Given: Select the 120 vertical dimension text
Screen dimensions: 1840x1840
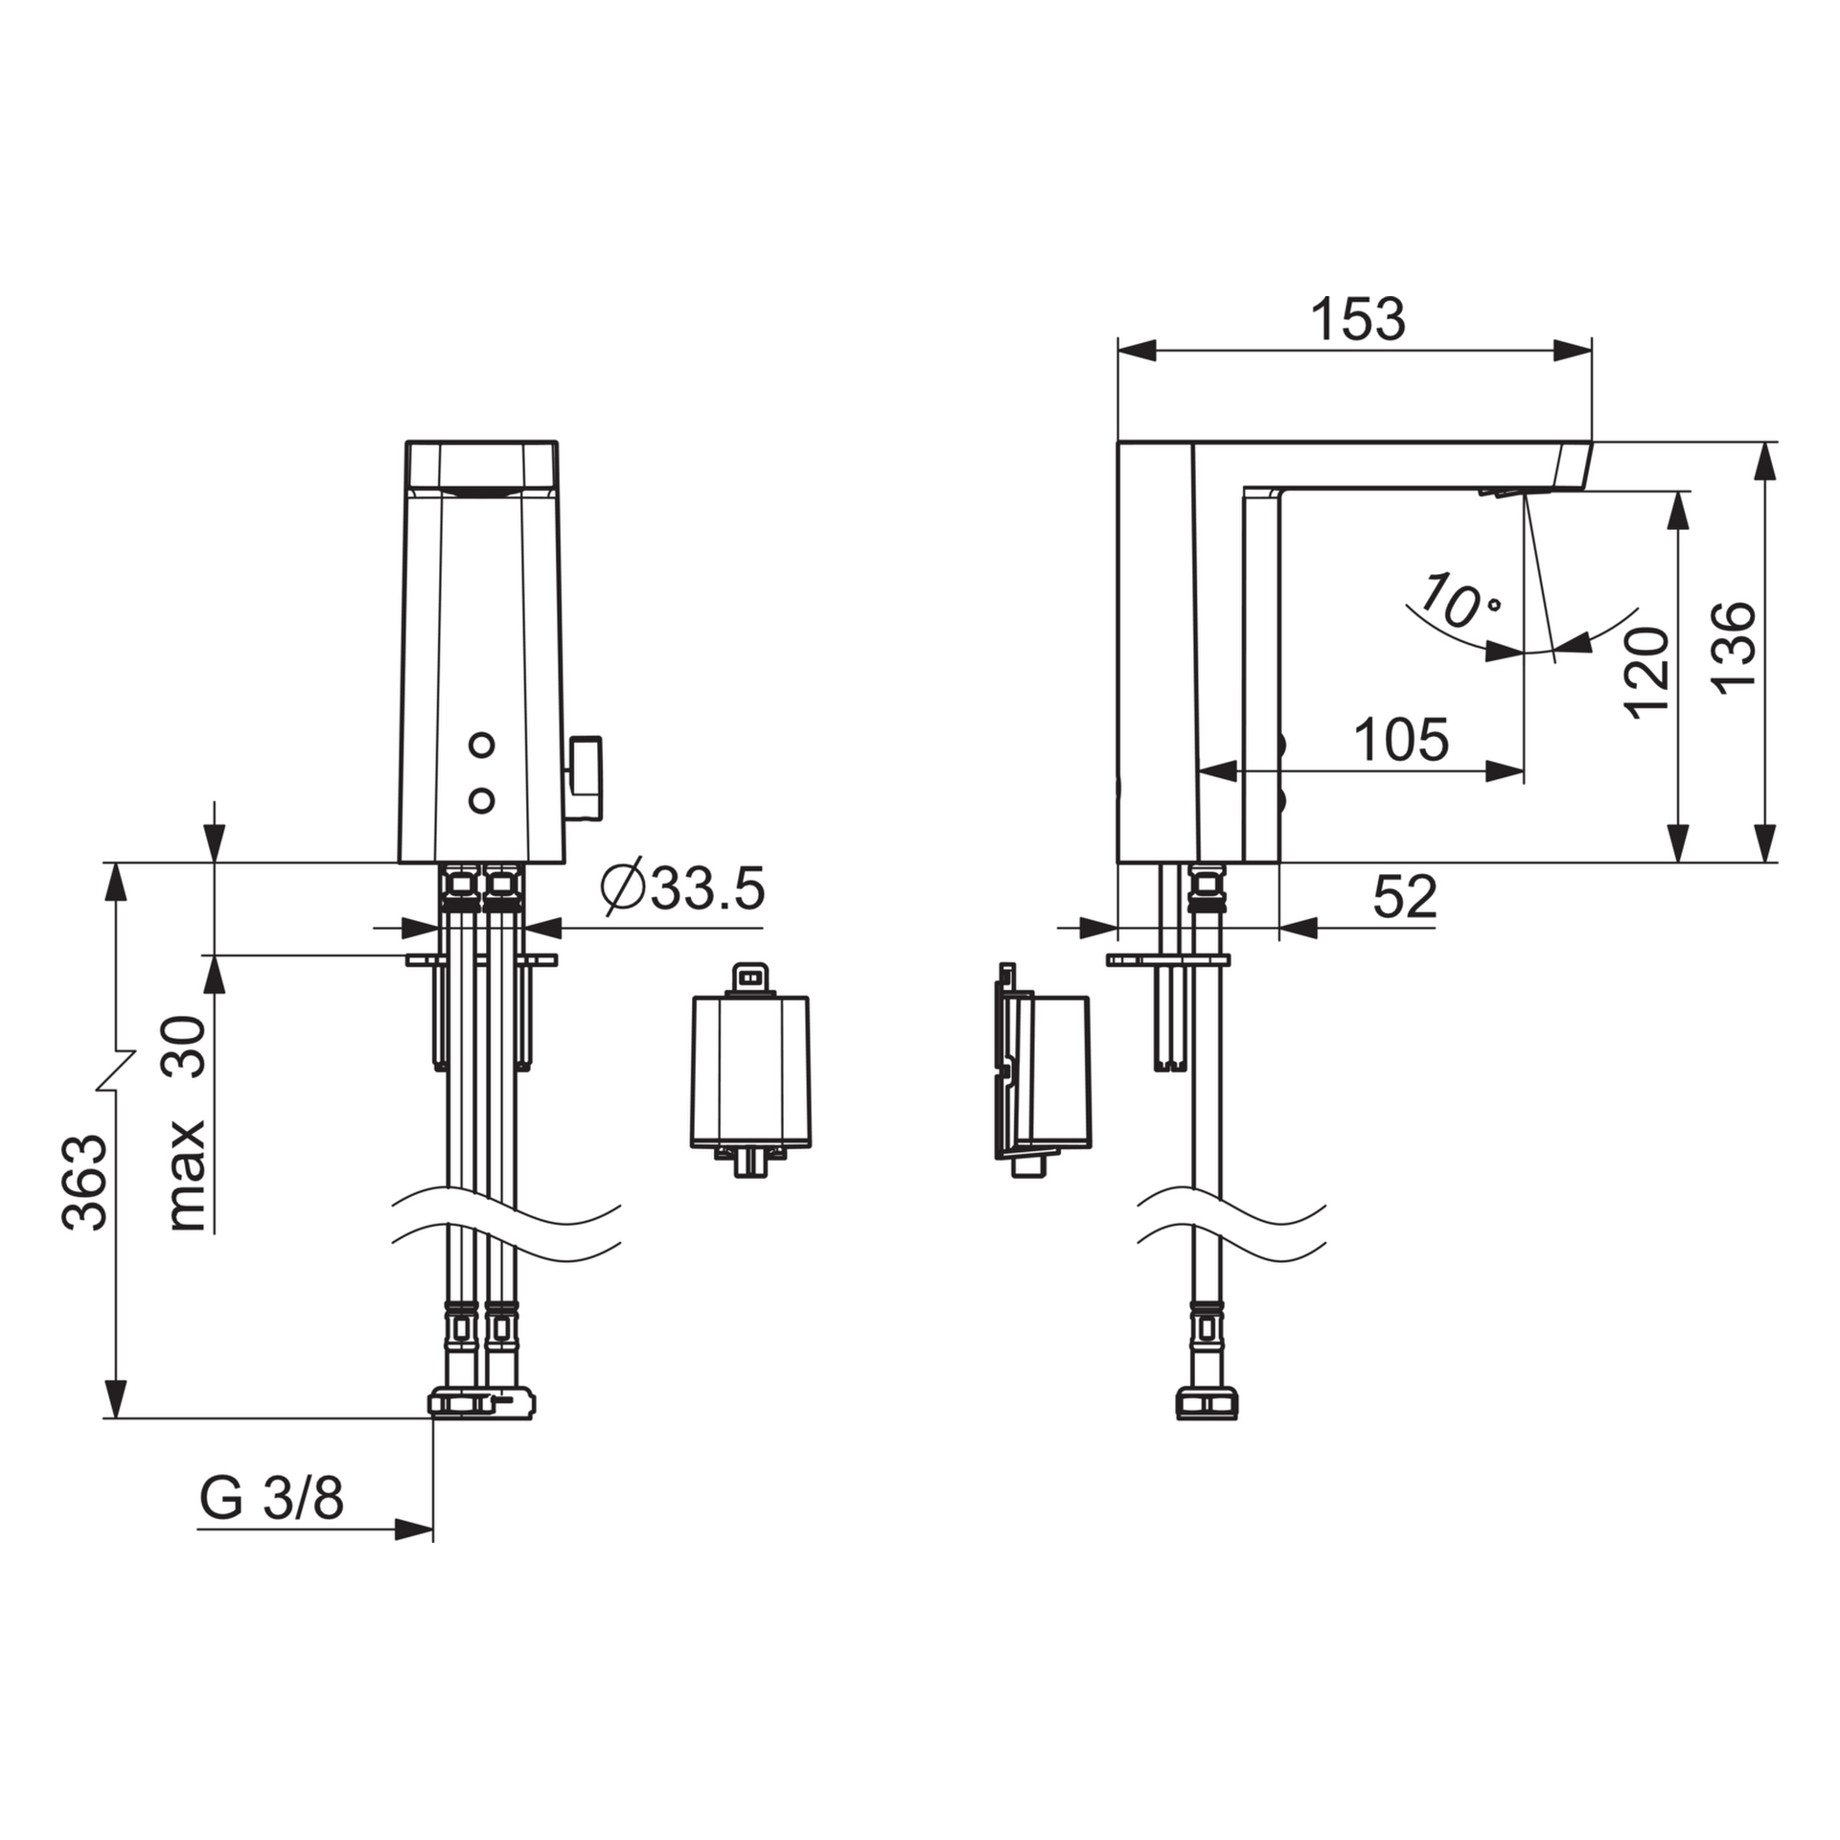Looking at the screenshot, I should (x=1646, y=672).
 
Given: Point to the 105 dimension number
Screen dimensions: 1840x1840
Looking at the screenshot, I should (x=1400, y=740).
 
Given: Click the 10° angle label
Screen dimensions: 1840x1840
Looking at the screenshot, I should (x=1458, y=602).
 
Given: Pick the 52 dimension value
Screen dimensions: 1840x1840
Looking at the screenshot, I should (x=1405, y=897).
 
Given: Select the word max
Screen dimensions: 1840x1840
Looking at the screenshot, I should (x=188, y=1176).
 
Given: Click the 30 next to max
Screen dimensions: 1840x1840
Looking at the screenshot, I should (x=188, y=1047).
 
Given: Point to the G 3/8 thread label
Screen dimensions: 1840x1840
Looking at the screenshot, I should (x=271, y=1497).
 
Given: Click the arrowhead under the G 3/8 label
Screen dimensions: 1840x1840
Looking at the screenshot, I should (x=414, y=1529).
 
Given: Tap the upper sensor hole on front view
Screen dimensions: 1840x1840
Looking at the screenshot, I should (x=481, y=744).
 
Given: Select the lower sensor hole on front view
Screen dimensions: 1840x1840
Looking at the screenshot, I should (x=481, y=800).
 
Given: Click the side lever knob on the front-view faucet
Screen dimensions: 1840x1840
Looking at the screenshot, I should (x=586, y=778).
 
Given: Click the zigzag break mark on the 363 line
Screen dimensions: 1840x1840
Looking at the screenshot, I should (x=116, y=1069).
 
